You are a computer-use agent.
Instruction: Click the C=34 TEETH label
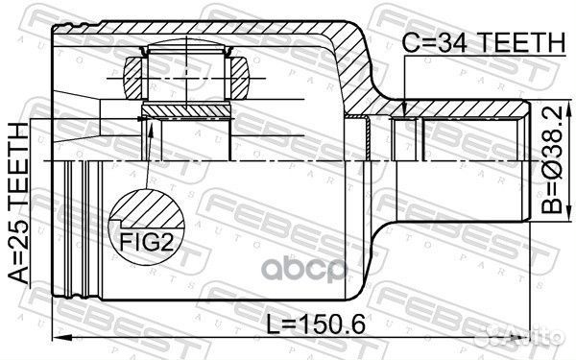[x=482, y=41]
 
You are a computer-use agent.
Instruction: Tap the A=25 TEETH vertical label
[x=16, y=201]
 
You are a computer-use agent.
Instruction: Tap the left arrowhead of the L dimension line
[x=57, y=338]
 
